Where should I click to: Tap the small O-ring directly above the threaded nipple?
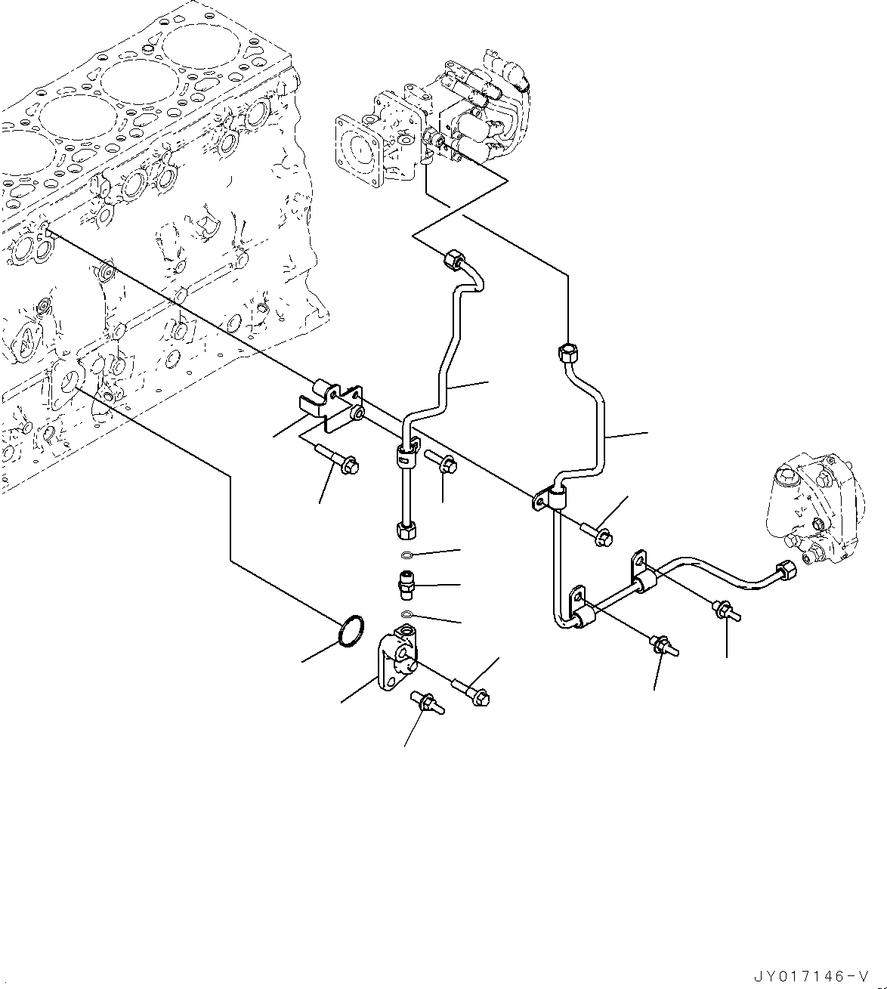(407, 557)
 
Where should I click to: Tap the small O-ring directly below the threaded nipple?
(407, 613)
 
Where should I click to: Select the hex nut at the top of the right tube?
(567, 351)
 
